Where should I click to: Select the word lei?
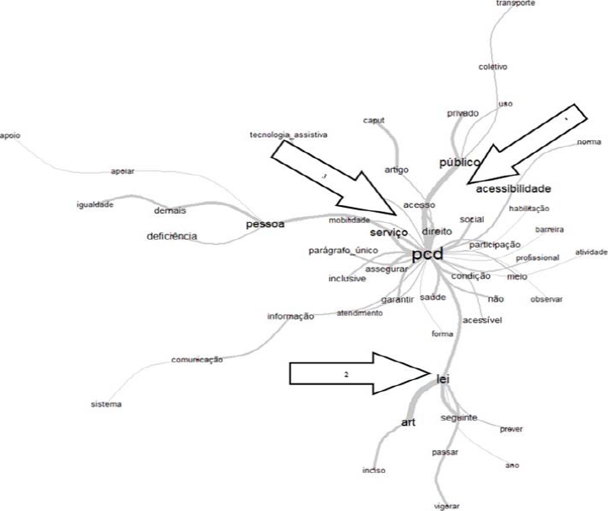click(442, 380)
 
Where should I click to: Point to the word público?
click(459, 161)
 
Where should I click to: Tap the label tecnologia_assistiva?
click(288, 134)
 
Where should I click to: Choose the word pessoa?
click(264, 224)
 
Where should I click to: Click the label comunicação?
click(197, 359)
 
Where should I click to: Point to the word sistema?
click(106, 405)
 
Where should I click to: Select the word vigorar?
click(446, 505)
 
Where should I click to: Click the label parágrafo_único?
click(343, 251)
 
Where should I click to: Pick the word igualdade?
click(94, 204)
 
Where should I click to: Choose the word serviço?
click(388, 232)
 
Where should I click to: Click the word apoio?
click(10, 135)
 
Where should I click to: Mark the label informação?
click(290, 317)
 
